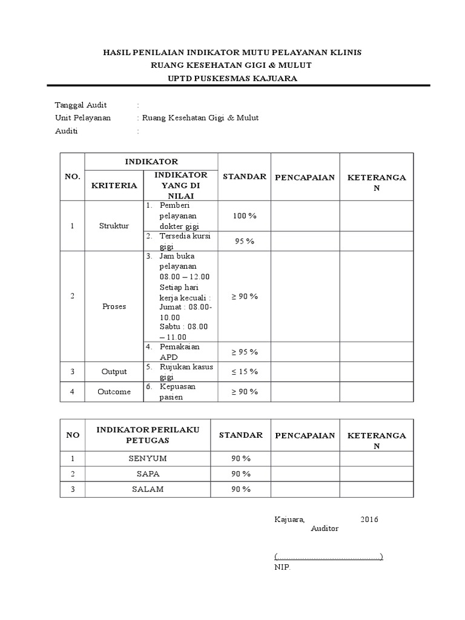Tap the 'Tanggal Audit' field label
tap(81, 105)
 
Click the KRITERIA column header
tap(114, 185)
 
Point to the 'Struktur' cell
tap(114, 226)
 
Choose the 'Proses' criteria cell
tap(114, 306)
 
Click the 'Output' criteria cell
tap(114, 372)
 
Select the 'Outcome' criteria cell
tap(114, 392)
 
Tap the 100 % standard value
tap(244, 216)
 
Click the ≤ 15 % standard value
tap(244, 372)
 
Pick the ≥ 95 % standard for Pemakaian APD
tap(244, 352)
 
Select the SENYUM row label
tap(148, 458)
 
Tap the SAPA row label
tap(148, 473)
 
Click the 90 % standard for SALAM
tap(240, 489)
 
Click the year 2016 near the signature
tap(369, 519)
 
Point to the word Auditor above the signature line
tap(325, 529)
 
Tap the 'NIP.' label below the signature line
tap(282, 568)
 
